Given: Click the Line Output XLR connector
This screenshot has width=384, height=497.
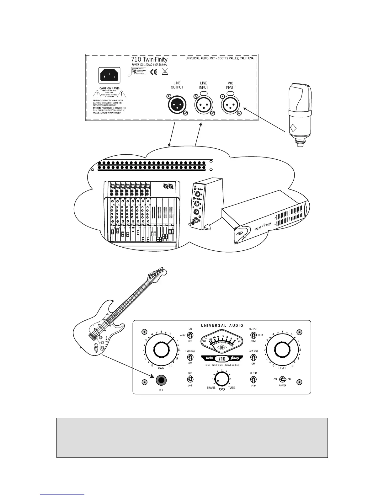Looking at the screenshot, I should (177, 104).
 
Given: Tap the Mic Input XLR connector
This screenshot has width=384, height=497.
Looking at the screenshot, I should (230, 104).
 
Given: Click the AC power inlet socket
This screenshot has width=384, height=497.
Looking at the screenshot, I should (109, 76).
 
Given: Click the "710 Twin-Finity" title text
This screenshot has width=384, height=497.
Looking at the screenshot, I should (149, 59).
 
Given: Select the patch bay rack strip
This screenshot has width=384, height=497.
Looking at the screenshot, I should (151, 165).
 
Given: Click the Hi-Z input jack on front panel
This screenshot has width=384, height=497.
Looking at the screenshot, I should (161, 380).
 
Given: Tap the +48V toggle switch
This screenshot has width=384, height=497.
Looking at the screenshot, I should (190, 335).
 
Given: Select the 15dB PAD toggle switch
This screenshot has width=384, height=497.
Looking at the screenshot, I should (190, 357).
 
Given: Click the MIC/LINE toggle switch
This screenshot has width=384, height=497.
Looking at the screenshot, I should (190, 379).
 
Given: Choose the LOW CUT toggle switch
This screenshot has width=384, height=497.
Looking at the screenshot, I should (253, 357).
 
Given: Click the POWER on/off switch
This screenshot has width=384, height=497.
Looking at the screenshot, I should (282, 379).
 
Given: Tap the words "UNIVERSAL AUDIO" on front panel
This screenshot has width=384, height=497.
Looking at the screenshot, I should (222, 326).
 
